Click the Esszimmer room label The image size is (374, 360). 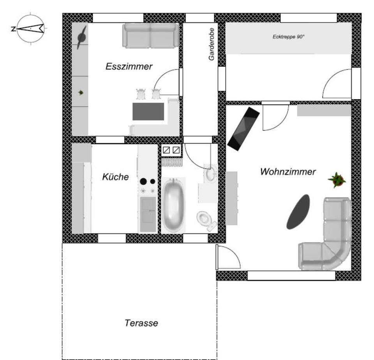pos(129,66)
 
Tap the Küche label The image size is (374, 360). pos(115,177)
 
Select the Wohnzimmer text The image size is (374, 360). pos(288,172)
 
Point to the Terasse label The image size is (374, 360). pos(141,323)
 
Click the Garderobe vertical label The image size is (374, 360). pos(212,46)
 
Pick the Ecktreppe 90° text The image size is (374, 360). pos(288,37)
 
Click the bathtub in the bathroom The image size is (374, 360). pos(173,204)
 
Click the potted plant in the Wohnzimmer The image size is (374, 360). pos(337,180)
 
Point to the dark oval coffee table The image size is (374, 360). pos(298,211)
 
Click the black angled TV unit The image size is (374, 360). pos(243,128)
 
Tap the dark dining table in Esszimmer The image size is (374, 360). pos(148,111)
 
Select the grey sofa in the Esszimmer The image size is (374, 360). pos(151,35)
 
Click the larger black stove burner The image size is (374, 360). pos(143,181)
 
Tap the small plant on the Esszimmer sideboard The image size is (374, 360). pos(81,92)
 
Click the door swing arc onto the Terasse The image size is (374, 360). pos(230,257)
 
